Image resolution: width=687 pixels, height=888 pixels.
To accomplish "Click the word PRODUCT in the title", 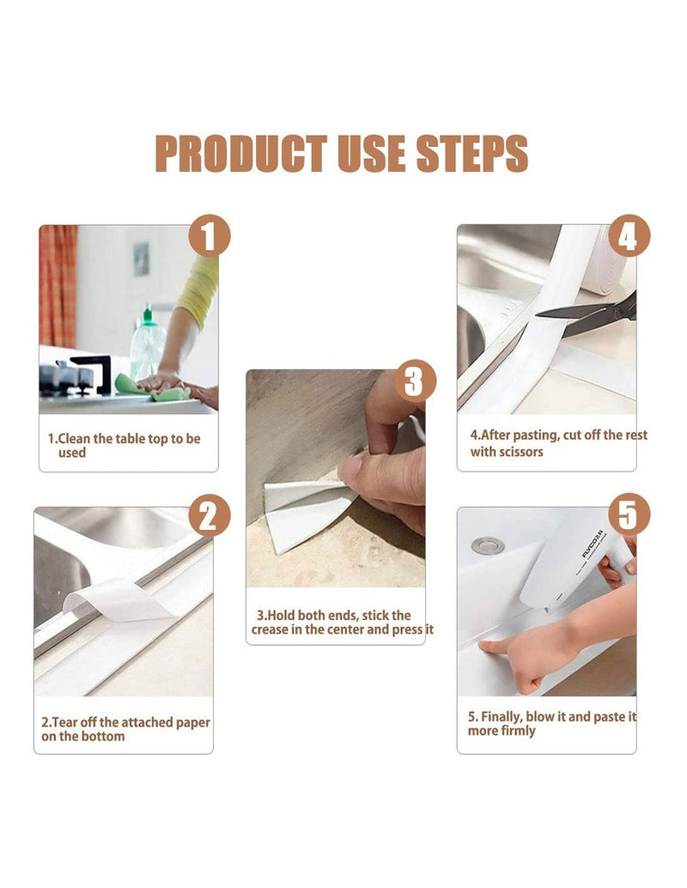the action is coord(240,154).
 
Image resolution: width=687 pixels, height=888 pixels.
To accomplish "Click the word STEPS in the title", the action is coord(472,154).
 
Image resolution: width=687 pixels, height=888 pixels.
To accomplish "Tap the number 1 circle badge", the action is coord(210,236).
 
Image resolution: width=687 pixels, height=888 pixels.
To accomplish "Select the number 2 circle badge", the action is coord(210,515).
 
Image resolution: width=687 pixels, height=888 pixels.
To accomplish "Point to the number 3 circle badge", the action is coord(415,380).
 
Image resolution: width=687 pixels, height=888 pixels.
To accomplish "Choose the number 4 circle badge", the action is coord(629,236).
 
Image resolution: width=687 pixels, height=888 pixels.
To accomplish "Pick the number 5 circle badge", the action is coord(629,514).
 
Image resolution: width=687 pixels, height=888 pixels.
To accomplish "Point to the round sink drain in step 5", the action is coord(488,545).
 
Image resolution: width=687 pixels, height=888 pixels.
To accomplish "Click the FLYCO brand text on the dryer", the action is coord(593,544).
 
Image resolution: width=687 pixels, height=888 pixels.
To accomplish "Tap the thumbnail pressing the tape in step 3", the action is coord(351,468).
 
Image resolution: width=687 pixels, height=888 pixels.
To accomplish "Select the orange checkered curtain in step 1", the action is coord(58,286).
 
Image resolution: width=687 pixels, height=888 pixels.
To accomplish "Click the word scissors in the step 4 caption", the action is coord(521,452).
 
